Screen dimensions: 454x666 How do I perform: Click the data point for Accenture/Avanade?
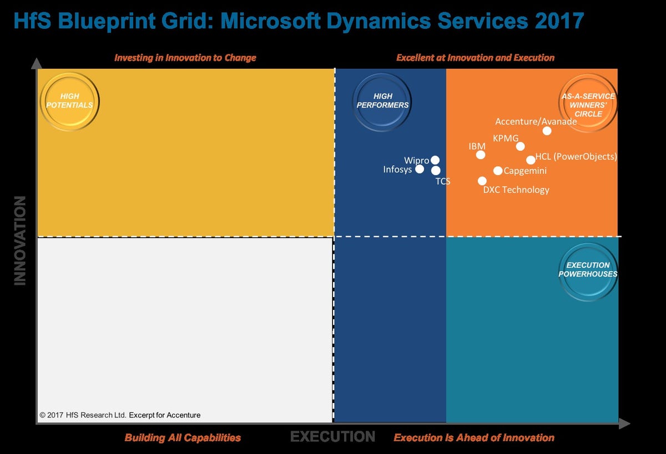click(x=547, y=131)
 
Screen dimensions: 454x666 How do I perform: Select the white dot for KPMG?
click(x=520, y=146)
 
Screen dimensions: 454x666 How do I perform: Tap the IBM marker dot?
click(x=481, y=155)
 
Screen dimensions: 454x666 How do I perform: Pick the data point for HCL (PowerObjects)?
click(x=531, y=160)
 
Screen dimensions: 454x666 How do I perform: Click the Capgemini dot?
click(x=498, y=171)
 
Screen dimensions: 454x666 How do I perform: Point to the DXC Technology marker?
click(x=482, y=181)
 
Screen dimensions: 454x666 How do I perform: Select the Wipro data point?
click(x=435, y=160)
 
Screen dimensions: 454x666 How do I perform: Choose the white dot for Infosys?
click(x=420, y=169)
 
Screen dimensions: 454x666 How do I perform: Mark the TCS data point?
click(x=436, y=171)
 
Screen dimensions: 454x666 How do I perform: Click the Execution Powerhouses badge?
click(x=588, y=270)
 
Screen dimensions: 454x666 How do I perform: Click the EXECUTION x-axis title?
click(x=332, y=437)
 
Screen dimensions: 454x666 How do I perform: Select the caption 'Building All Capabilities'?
click(x=183, y=438)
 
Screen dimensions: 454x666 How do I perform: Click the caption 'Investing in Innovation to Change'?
click(x=185, y=58)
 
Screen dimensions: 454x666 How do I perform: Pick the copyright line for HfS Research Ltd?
click(x=120, y=415)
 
